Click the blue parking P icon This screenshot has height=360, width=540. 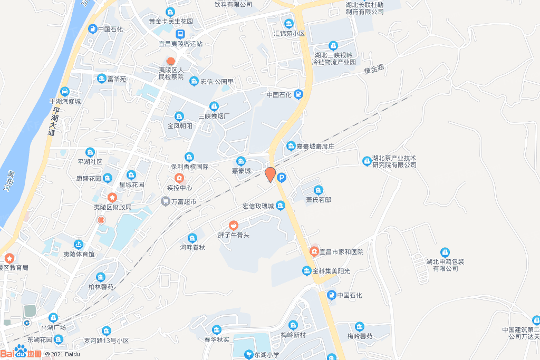(x=282, y=178)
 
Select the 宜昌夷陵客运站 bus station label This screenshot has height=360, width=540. (x=180, y=44)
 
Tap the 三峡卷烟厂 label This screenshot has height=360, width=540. (x=214, y=115)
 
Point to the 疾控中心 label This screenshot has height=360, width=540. (x=179, y=188)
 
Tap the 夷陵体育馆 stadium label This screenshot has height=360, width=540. (x=79, y=254)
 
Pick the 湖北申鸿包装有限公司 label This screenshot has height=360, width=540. (x=446, y=265)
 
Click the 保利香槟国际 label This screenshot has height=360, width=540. (x=189, y=166)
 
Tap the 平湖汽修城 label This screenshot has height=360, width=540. (x=65, y=101)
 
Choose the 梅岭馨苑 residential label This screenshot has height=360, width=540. (x=360, y=336)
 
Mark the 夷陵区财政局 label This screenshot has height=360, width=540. (x=112, y=207)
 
